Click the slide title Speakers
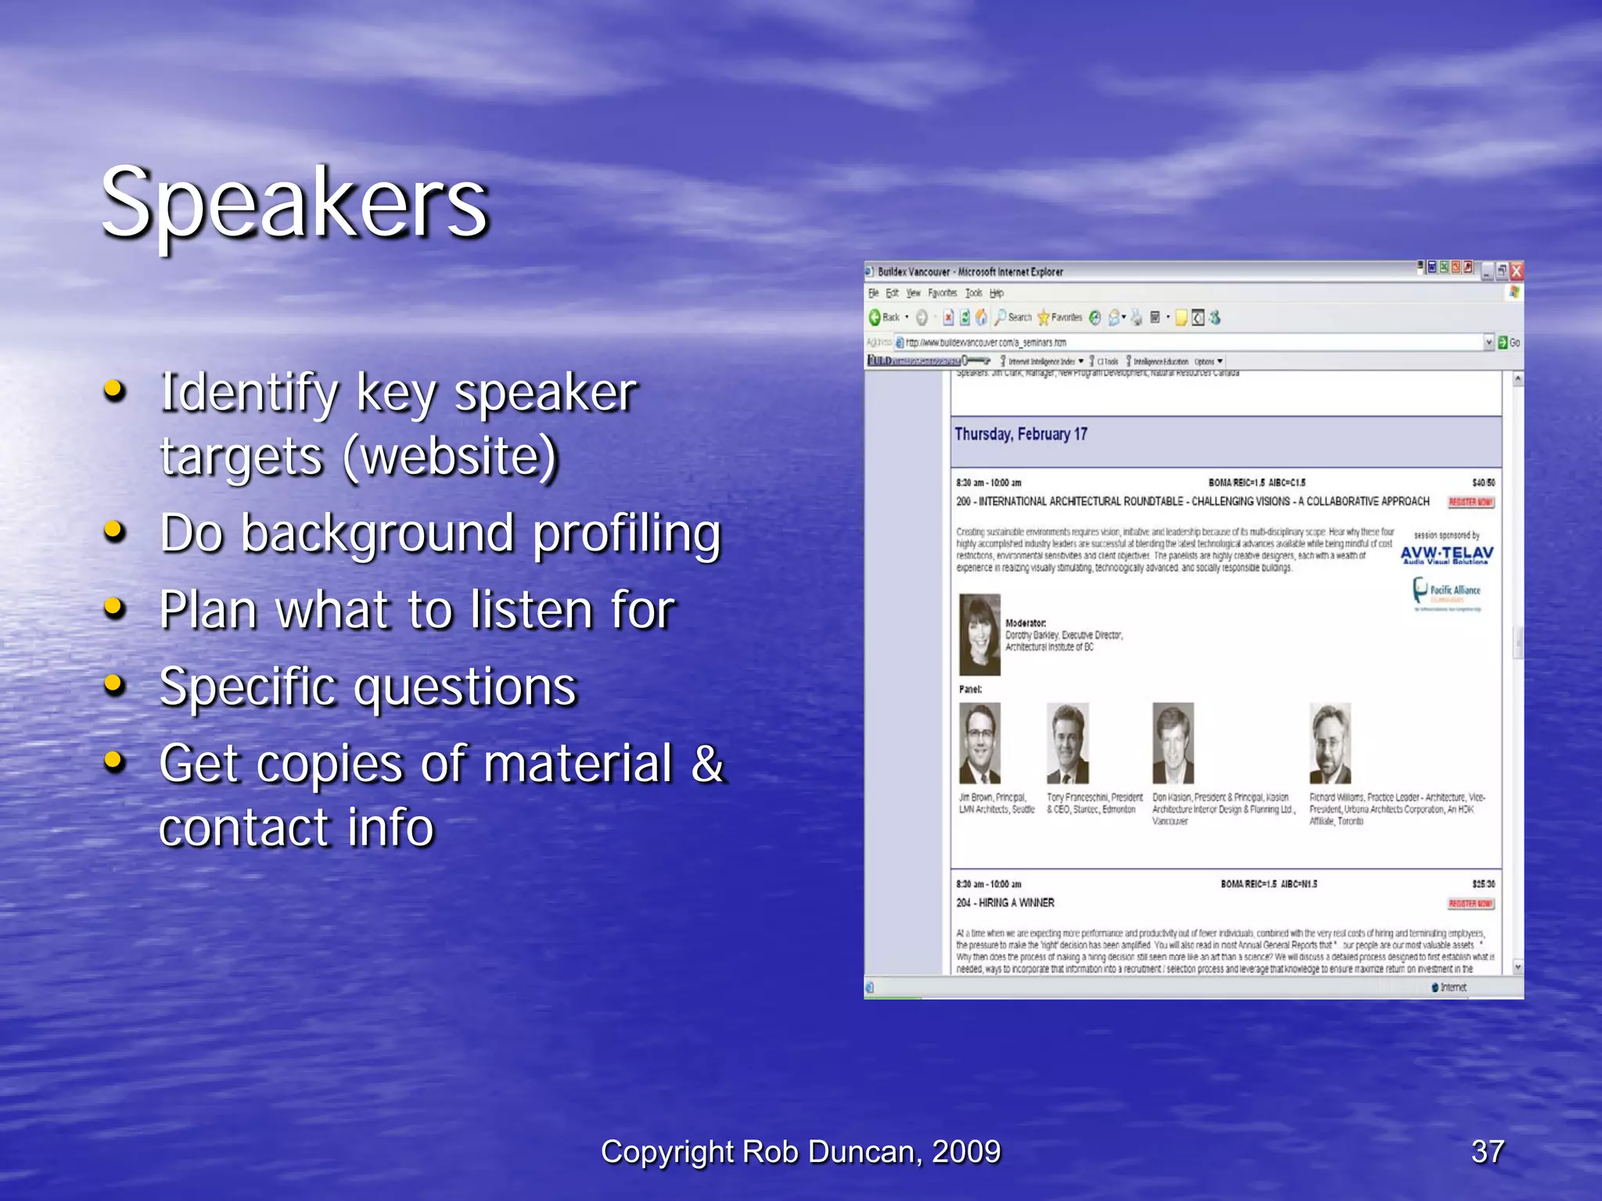[x=295, y=203]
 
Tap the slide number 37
[x=1487, y=1151]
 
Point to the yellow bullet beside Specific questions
[x=114, y=684]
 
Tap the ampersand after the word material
[x=707, y=763]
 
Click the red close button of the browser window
[x=1516, y=271]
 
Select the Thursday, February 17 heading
[x=1021, y=434]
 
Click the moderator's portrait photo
[x=979, y=634]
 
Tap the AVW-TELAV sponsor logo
[x=1446, y=554]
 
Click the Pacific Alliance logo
[x=1446, y=592]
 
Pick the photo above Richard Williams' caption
[x=1330, y=743]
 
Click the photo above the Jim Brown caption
[x=979, y=743]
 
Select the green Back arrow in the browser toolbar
[x=875, y=317]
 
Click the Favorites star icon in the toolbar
[x=1043, y=317]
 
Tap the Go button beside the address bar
[x=1509, y=342]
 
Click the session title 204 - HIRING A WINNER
[x=1005, y=902]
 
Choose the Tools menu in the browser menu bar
[x=973, y=293]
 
